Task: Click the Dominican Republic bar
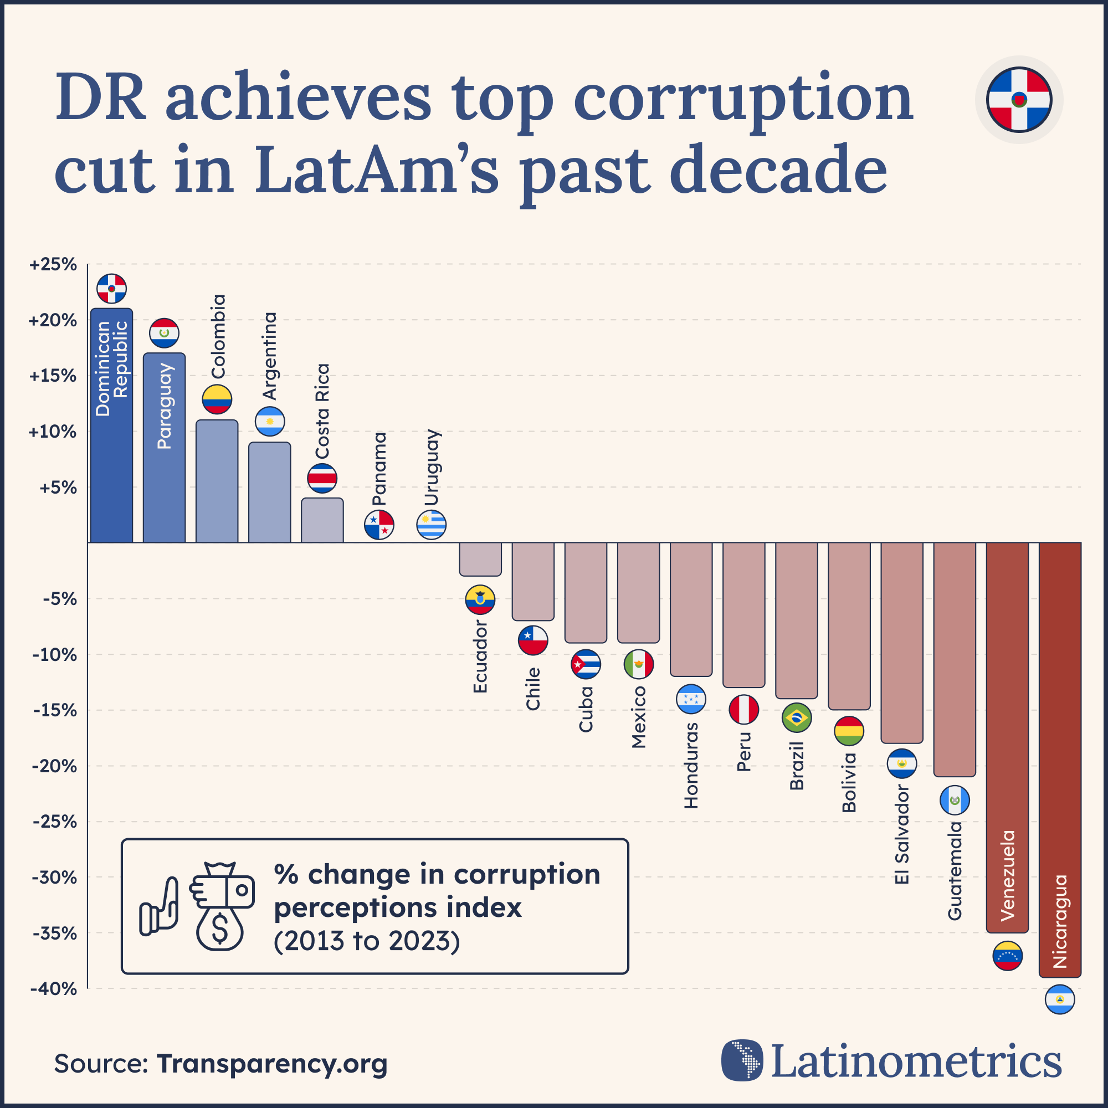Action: click(x=111, y=425)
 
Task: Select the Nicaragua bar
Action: click(x=1060, y=760)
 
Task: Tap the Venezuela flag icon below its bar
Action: click(x=1007, y=956)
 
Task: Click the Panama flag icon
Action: click(x=379, y=524)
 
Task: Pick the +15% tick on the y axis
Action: click(x=53, y=376)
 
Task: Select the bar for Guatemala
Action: click(x=955, y=659)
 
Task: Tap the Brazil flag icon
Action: click(x=797, y=717)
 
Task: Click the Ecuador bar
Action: click(x=480, y=558)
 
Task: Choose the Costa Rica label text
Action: click(x=323, y=411)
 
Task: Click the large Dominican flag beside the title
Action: click(x=1019, y=100)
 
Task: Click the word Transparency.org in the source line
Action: click(x=272, y=1063)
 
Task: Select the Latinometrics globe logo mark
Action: click(x=742, y=1060)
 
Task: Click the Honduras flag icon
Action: click(x=691, y=699)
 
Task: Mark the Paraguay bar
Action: click(x=164, y=447)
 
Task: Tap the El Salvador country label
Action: click(x=901, y=834)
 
